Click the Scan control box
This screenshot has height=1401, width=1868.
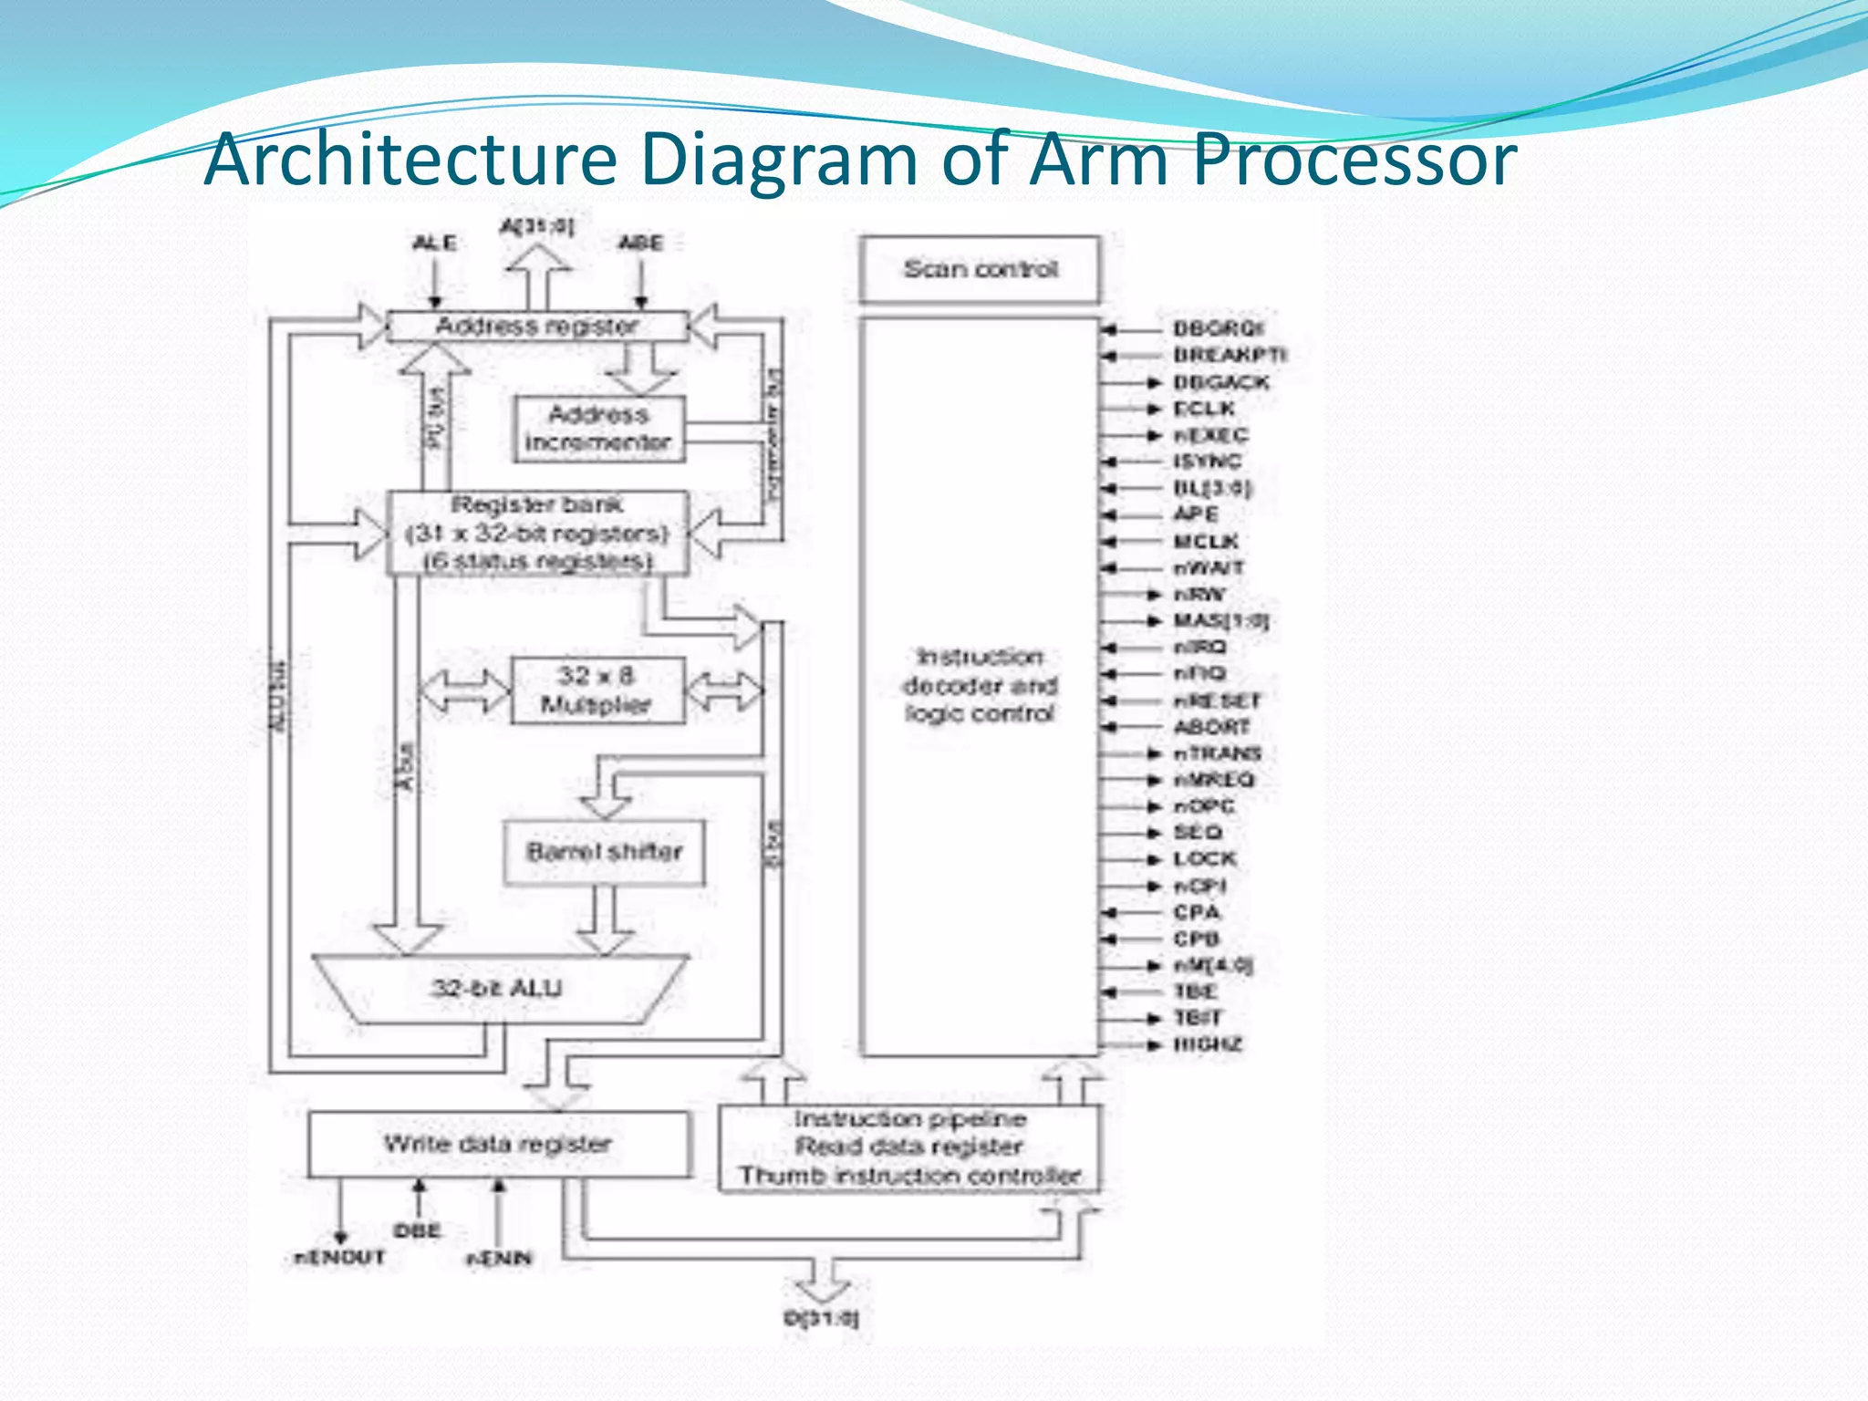[x=980, y=269]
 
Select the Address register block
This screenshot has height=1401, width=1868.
[x=537, y=326]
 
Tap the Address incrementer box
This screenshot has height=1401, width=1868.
[x=598, y=429]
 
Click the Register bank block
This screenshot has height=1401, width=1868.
[x=537, y=533]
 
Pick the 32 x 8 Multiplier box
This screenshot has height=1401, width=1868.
[x=597, y=690]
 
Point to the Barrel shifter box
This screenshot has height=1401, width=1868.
[x=604, y=852]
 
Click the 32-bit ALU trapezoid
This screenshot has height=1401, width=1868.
[x=498, y=988]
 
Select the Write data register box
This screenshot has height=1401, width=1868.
[x=498, y=1144]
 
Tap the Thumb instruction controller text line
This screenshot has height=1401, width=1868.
[x=909, y=1176]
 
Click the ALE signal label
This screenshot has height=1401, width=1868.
[x=434, y=243]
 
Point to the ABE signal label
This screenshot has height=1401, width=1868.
[x=640, y=243]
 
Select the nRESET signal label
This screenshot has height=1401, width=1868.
[x=1216, y=700]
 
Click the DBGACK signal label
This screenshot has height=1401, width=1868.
[x=1220, y=382]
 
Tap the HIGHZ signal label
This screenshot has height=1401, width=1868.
[x=1207, y=1044]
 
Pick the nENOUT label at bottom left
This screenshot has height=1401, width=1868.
[x=339, y=1258]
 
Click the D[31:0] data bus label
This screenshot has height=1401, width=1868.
[x=821, y=1318]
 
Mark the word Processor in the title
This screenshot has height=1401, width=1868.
[x=1354, y=160]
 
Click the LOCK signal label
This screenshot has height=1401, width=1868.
[x=1204, y=859]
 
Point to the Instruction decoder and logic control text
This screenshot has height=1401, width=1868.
[x=980, y=685]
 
